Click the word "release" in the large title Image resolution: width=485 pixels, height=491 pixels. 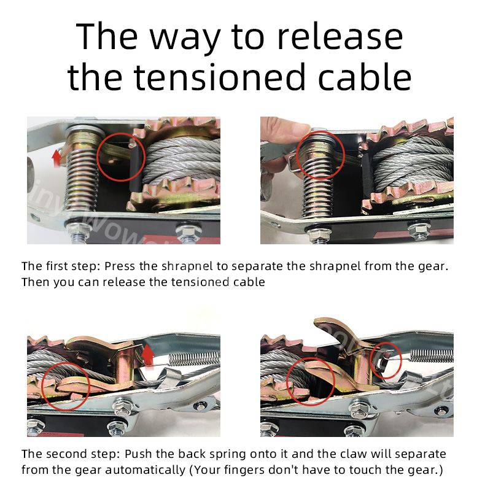[340, 37]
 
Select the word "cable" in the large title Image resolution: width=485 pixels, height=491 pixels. [365, 76]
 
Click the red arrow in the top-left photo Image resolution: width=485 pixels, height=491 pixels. [56, 158]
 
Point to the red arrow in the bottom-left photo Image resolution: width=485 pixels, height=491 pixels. [148, 355]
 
